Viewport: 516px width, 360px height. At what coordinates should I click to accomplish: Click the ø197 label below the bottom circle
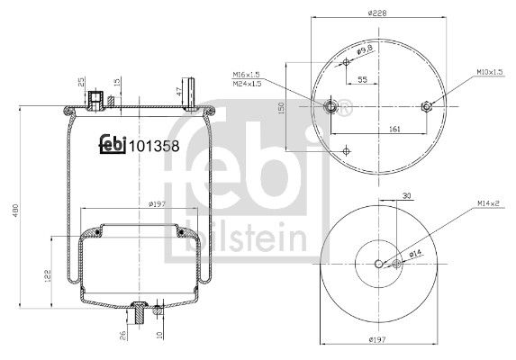click(x=380, y=339)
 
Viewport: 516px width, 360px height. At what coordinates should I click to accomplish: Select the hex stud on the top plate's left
click(x=333, y=107)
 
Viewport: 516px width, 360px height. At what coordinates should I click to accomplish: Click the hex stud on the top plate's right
click(x=428, y=107)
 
